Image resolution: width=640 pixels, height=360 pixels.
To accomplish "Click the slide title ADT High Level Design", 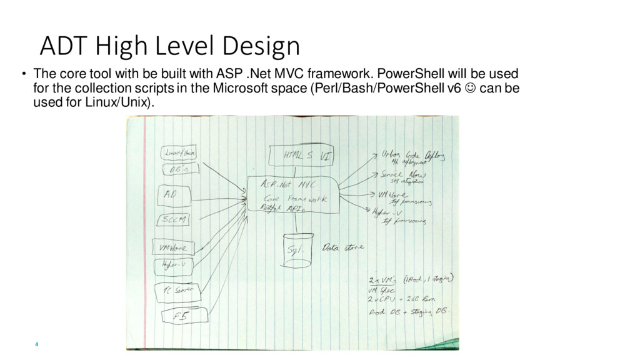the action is coord(169,46).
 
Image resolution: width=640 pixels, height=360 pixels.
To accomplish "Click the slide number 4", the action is coord(37,344).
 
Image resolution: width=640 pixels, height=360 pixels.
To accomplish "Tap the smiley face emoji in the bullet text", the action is coord(470,87).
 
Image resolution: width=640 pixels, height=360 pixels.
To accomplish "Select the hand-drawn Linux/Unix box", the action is coord(180,152).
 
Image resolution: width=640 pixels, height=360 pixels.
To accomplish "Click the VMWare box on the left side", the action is coord(174,247).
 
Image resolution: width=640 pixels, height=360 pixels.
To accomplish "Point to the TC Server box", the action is coord(177,291).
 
